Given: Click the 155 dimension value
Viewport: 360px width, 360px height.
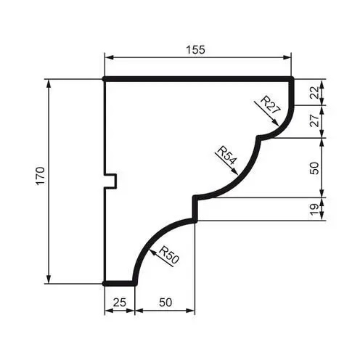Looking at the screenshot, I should [x=195, y=49].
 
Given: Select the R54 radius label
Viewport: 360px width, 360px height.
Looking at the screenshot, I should [x=226, y=157].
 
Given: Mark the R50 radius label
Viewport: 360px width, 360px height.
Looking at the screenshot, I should [x=168, y=256].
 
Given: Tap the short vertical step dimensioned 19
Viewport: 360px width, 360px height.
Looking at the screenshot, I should [x=195, y=209].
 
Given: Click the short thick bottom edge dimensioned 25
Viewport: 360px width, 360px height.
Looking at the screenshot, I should [x=119, y=283].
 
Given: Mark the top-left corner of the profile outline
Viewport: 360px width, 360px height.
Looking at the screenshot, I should [x=105, y=78].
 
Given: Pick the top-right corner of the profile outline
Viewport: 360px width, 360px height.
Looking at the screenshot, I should [x=291, y=78].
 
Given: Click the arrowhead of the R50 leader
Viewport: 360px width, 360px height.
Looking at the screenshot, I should [x=150, y=249].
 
